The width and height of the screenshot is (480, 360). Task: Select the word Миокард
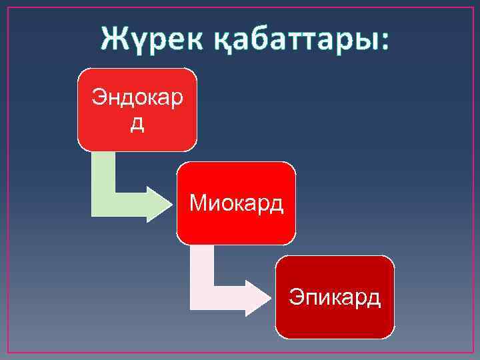[236, 202]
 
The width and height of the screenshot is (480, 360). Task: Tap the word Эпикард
[335, 296]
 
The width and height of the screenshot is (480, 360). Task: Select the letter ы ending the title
[365, 41]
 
